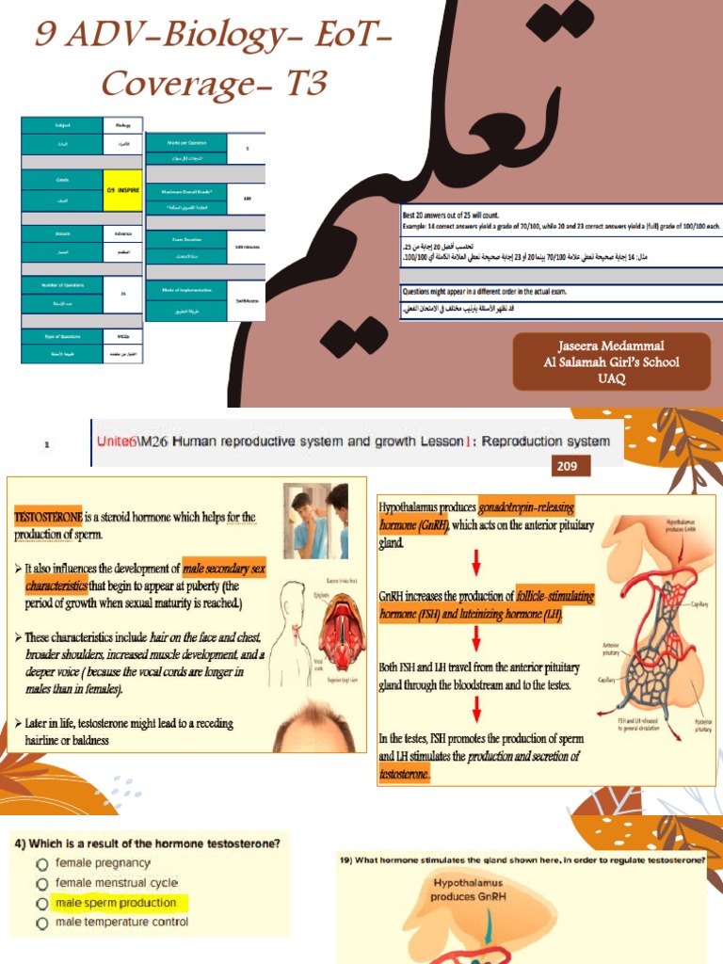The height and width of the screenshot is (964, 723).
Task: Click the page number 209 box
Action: [x=570, y=466]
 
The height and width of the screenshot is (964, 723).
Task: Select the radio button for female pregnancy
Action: [x=41, y=863]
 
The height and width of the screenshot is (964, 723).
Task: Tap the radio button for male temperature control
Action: [x=41, y=924]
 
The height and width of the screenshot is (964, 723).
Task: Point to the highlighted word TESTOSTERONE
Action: [x=48, y=517]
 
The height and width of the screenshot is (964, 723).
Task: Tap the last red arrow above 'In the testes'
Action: [x=477, y=708]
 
